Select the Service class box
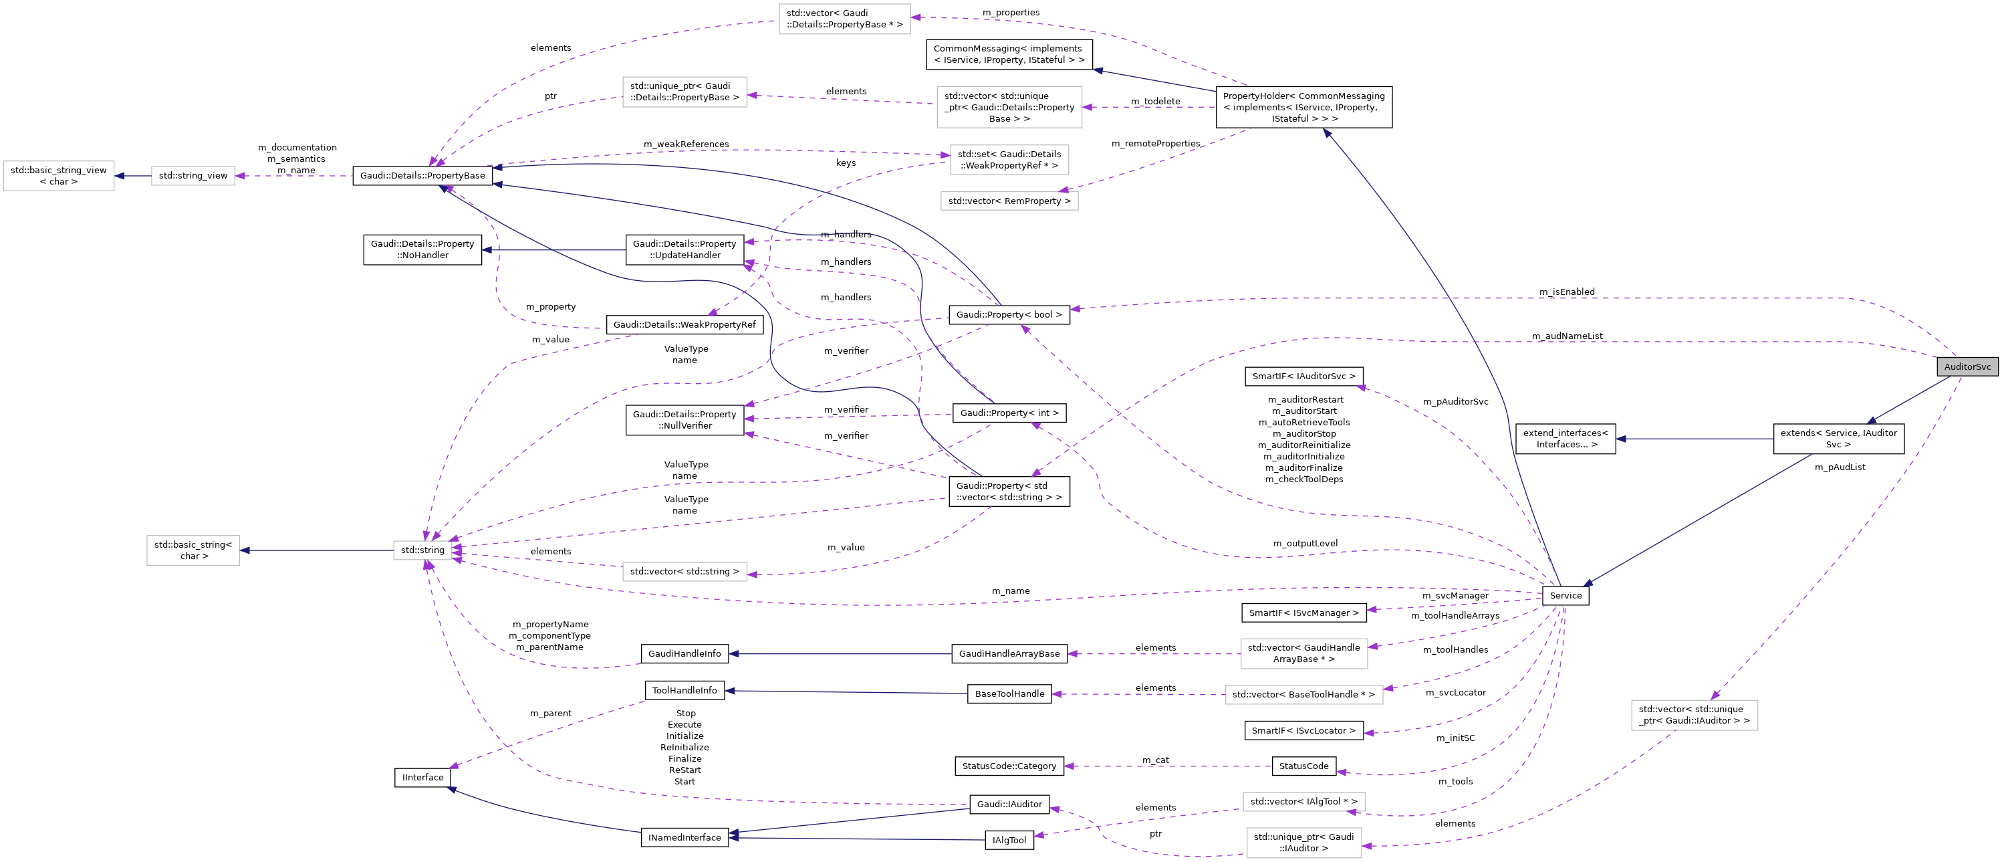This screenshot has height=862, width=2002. click(x=1564, y=595)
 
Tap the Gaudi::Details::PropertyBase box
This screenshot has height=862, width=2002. click(x=422, y=176)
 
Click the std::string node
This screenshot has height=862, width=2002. click(x=422, y=550)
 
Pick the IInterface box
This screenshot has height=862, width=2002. click(x=422, y=777)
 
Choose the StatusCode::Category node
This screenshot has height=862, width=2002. click(x=1009, y=766)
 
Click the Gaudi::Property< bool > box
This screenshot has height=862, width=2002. click(x=1009, y=315)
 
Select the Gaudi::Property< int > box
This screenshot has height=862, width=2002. click(x=1009, y=413)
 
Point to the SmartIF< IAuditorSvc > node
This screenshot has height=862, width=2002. click(x=1303, y=376)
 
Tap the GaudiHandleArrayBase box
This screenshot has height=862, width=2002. click(x=1009, y=654)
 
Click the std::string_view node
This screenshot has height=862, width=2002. click(x=193, y=176)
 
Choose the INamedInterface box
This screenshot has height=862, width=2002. click(x=684, y=838)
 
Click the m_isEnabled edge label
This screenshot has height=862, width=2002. click(x=1566, y=292)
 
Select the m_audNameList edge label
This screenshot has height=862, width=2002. click(x=1566, y=336)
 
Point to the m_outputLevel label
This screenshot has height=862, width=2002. click(x=1305, y=543)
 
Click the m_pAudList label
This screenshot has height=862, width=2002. click(x=1839, y=467)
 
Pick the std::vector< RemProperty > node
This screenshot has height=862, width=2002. click(x=1009, y=201)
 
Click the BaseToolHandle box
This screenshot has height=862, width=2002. click(x=1009, y=694)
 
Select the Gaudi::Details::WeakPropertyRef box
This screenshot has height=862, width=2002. click(x=684, y=325)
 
